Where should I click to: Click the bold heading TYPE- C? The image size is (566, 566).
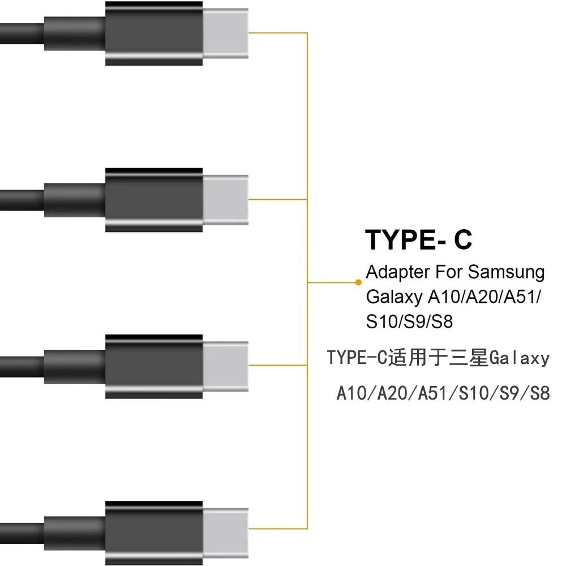point(419,239)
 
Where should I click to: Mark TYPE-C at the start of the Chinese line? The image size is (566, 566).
point(356,358)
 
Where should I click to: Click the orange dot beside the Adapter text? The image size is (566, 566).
point(358,281)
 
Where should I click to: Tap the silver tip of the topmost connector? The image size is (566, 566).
point(225,33)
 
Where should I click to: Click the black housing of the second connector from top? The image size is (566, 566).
point(153,199)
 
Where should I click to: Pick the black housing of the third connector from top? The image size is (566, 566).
point(153,366)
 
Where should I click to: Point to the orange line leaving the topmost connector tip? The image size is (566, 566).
point(277,33)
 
